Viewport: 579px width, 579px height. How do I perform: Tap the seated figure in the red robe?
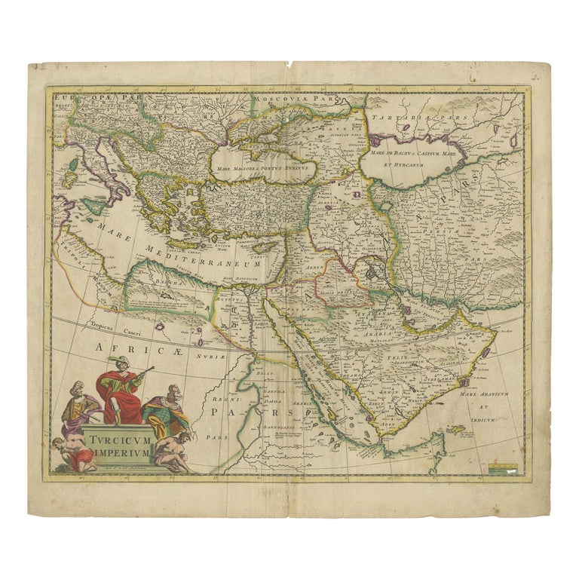(121, 394)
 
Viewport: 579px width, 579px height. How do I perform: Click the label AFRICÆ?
(119, 348)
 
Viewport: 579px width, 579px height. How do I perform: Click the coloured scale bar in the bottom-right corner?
(504, 468)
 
